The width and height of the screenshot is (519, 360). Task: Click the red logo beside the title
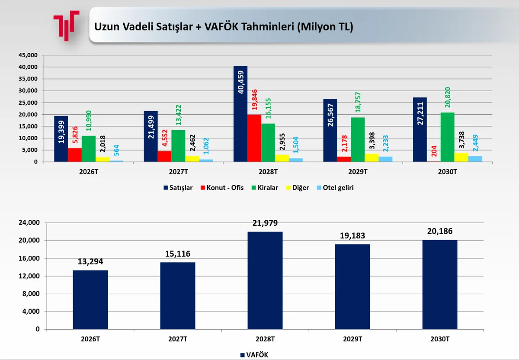[66, 25]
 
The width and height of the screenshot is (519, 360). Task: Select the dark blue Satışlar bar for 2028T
[240, 114]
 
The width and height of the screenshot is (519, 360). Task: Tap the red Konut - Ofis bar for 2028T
[254, 138]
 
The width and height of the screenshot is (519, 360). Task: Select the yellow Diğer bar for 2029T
[372, 157]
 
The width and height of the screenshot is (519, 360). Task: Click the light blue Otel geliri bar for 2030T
[475, 159]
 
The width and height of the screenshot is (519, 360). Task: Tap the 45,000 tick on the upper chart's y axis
[29, 55]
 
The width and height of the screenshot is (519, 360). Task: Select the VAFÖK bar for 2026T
[90, 300]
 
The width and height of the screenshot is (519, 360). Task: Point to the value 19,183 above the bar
[352, 236]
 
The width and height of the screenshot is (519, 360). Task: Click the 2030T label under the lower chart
[440, 339]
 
